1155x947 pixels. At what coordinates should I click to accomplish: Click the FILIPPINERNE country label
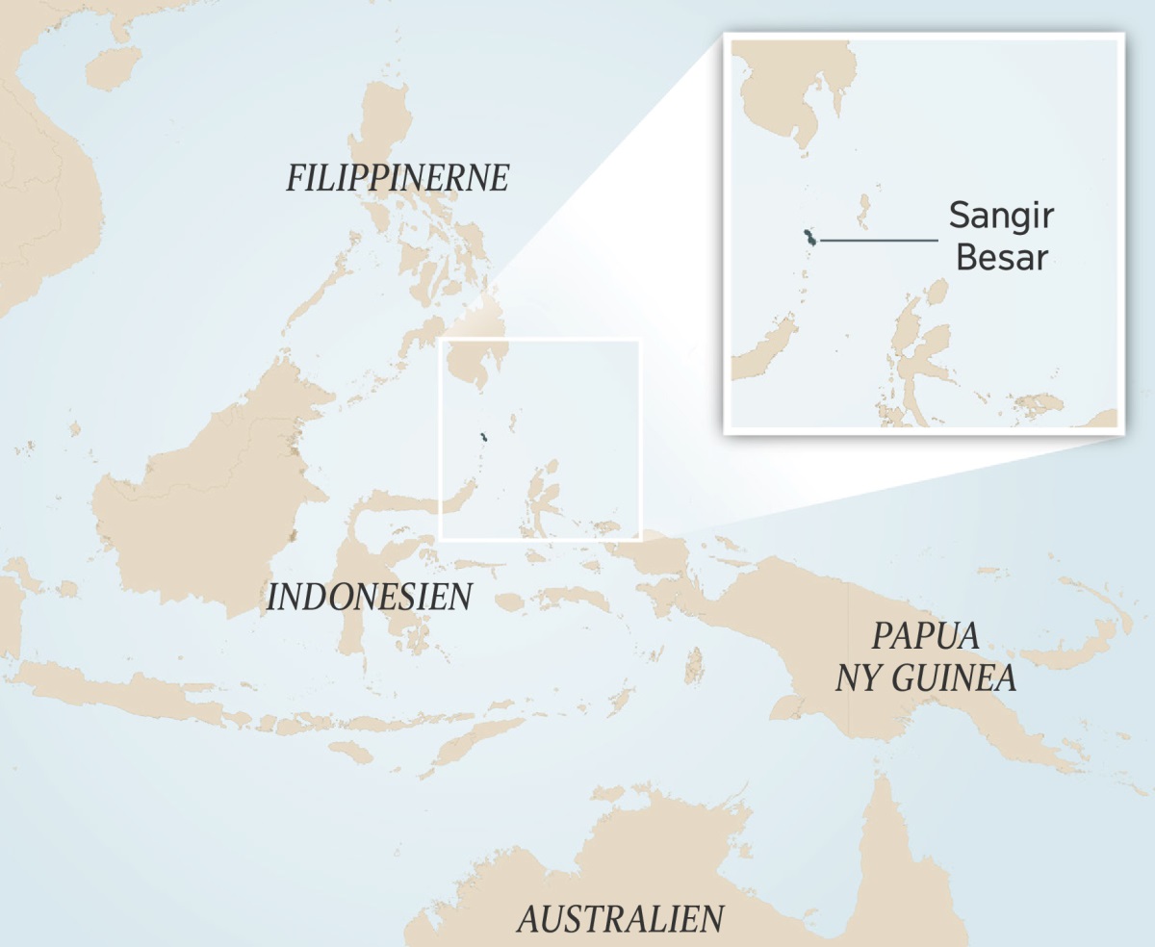(x=397, y=178)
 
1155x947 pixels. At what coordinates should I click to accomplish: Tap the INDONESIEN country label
(x=369, y=597)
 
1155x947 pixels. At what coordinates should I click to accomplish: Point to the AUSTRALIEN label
(x=620, y=918)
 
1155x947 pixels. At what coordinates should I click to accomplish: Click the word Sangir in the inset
(x=1000, y=215)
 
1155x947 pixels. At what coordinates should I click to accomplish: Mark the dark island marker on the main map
(x=484, y=439)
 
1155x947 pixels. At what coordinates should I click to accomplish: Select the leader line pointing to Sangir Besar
(x=878, y=240)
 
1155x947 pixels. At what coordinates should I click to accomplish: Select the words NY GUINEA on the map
(x=925, y=678)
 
